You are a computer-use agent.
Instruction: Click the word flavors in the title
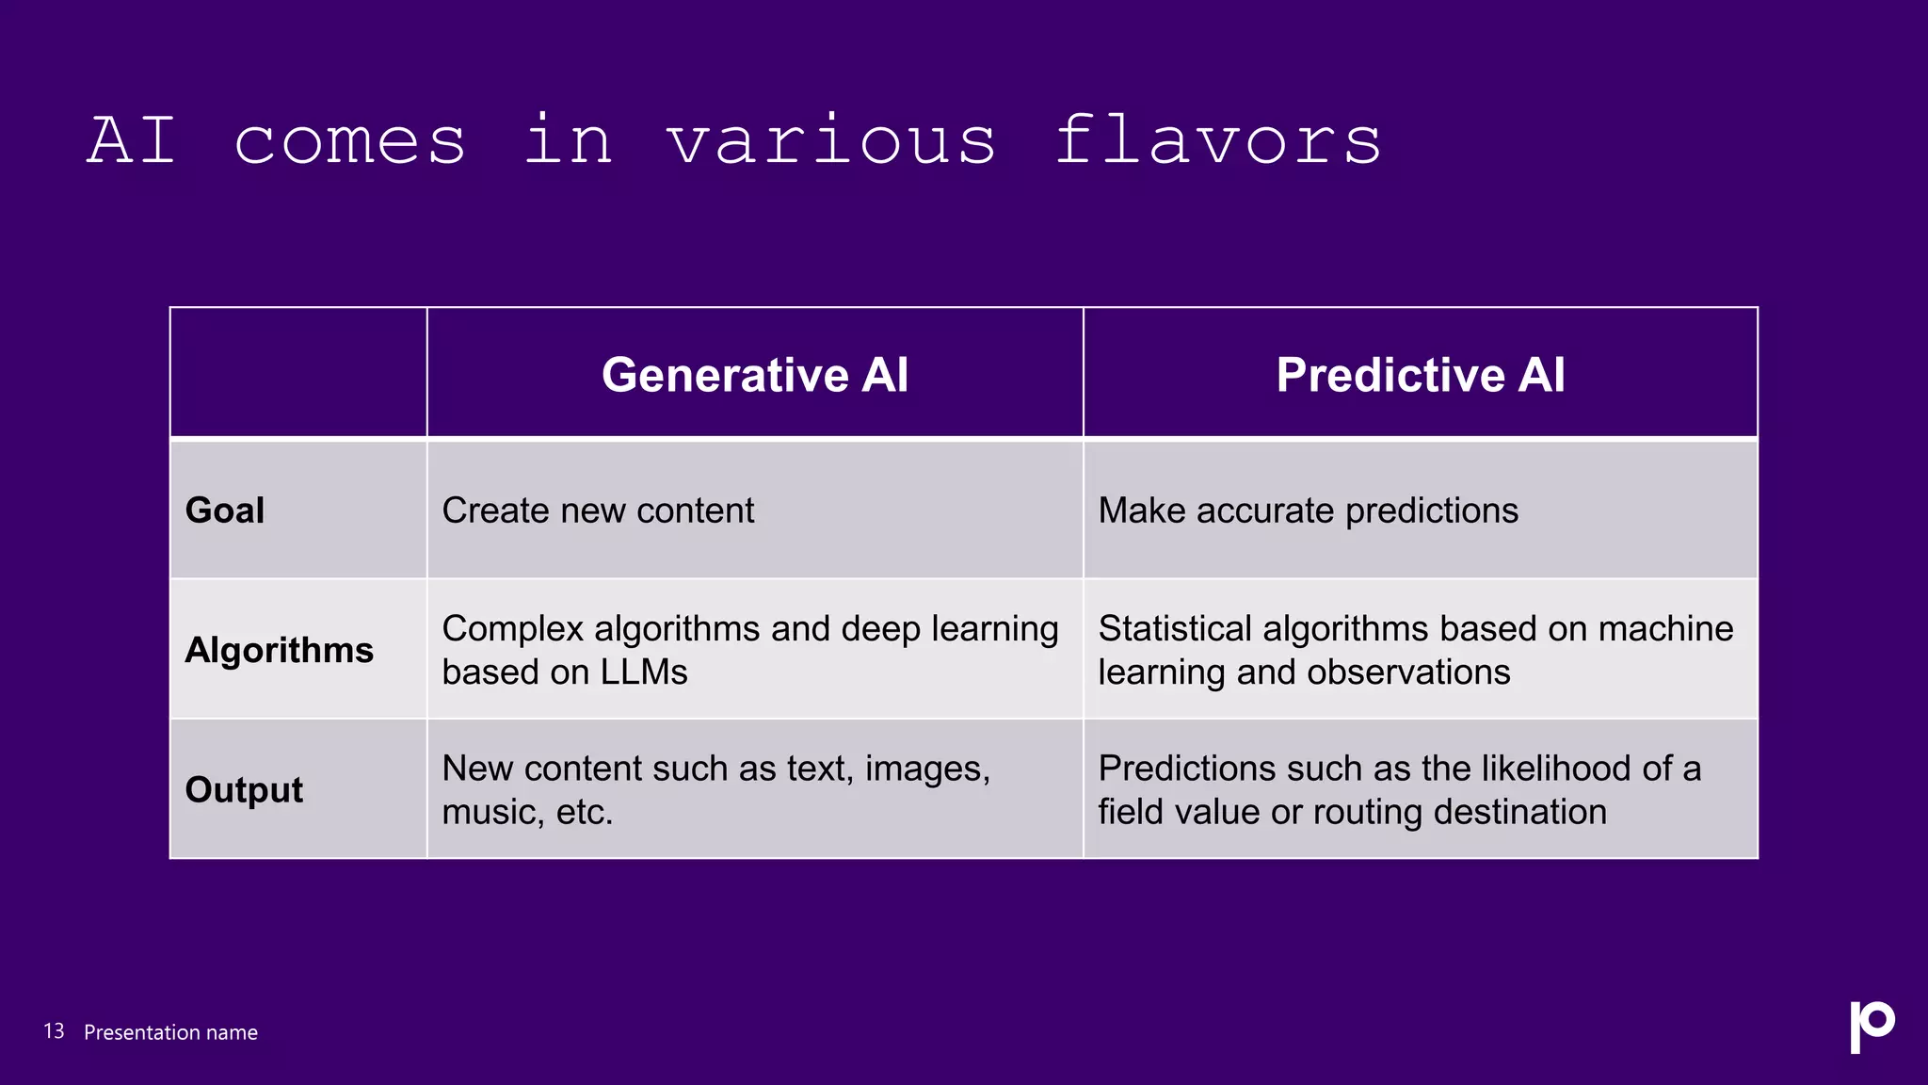point(1217,140)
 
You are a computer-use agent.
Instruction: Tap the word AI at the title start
point(132,140)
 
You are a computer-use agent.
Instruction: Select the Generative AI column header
point(755,375)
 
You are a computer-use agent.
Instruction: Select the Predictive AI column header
point(1420,375)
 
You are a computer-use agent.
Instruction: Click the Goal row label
point(225,510)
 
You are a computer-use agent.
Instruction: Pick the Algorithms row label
point(279,650)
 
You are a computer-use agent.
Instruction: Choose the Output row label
point(244,789)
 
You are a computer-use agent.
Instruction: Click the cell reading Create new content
point(598,510)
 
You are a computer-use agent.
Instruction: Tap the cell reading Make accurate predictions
point(1308,510)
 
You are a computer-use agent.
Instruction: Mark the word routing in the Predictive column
point(1368,812)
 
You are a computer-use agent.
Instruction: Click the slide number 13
point(54,1031)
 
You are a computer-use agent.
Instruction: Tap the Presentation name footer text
point(170,1032)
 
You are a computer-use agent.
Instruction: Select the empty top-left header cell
point(298,373)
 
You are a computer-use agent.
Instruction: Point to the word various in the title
point(830,140)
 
